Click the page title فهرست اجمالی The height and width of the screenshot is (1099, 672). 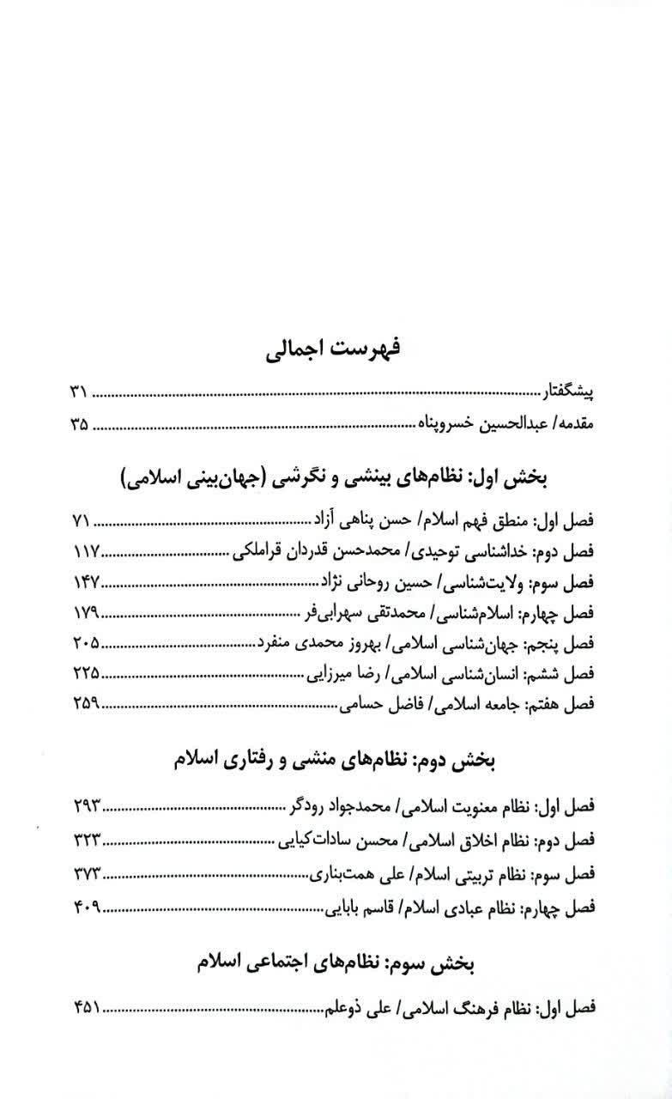click(x=336, y=350)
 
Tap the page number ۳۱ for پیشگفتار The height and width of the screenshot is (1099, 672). click(x=79, y=394)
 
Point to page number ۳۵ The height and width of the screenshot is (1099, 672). click(x=79, y=422)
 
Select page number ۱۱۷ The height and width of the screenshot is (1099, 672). click(x=83, y=549)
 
